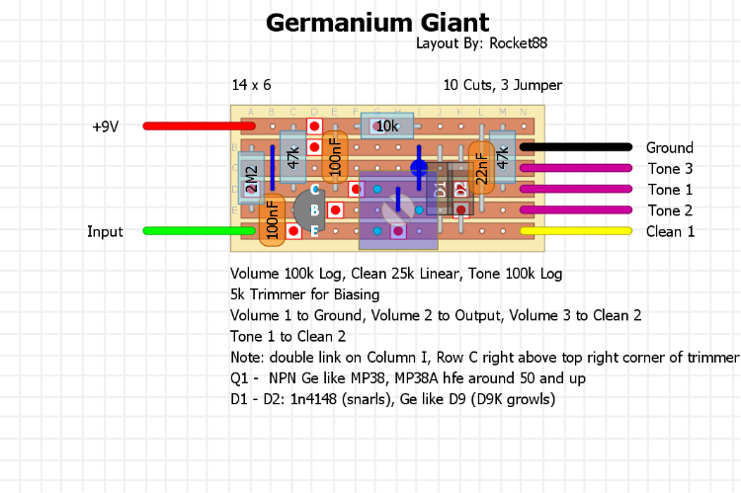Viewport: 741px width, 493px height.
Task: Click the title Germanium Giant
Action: coord(377,22)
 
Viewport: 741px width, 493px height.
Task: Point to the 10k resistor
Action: coord(386,125)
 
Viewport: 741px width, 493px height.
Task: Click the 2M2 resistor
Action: coord(251,179)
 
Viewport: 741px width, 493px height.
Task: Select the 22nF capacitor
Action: coord(481,168)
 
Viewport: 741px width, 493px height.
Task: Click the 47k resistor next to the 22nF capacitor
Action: coord(502,157)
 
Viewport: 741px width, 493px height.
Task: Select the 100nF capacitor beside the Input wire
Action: coord(272,219)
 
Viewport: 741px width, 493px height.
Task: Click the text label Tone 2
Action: coord(670,210)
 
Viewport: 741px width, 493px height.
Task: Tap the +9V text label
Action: coord(105,126)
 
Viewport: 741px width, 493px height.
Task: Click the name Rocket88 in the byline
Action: coord(517,43)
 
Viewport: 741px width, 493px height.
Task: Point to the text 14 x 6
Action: coord(251,85)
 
